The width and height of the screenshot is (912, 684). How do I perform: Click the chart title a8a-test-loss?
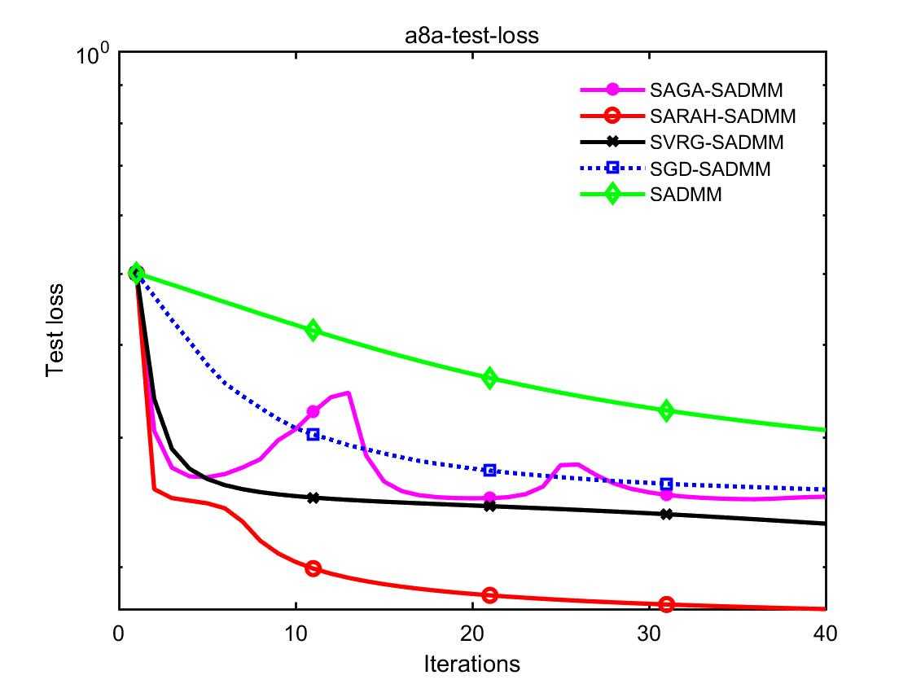pos(472,36)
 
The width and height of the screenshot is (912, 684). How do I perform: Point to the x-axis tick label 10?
pos(296,632)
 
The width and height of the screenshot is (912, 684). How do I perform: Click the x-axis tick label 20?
pos(472,632)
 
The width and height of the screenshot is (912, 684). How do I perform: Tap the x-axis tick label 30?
pos(649,632)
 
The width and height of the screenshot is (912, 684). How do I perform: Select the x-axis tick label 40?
pos(826,632)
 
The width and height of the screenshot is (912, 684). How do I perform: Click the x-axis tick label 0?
pos(119,632)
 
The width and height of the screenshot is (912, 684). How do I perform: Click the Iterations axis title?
pos(471,664)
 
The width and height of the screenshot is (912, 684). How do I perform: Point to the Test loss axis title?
pos(55,330)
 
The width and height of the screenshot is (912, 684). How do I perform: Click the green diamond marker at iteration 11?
pos(313,331)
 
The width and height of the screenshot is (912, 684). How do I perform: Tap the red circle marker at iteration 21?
pos(489,595)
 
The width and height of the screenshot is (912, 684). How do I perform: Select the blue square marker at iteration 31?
pos(666,484)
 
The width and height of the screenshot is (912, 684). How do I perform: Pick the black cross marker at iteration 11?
pos(313,498)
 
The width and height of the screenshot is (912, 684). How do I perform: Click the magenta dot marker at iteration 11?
pos(313,412)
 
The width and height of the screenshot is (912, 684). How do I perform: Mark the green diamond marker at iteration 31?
pos(666,410)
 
